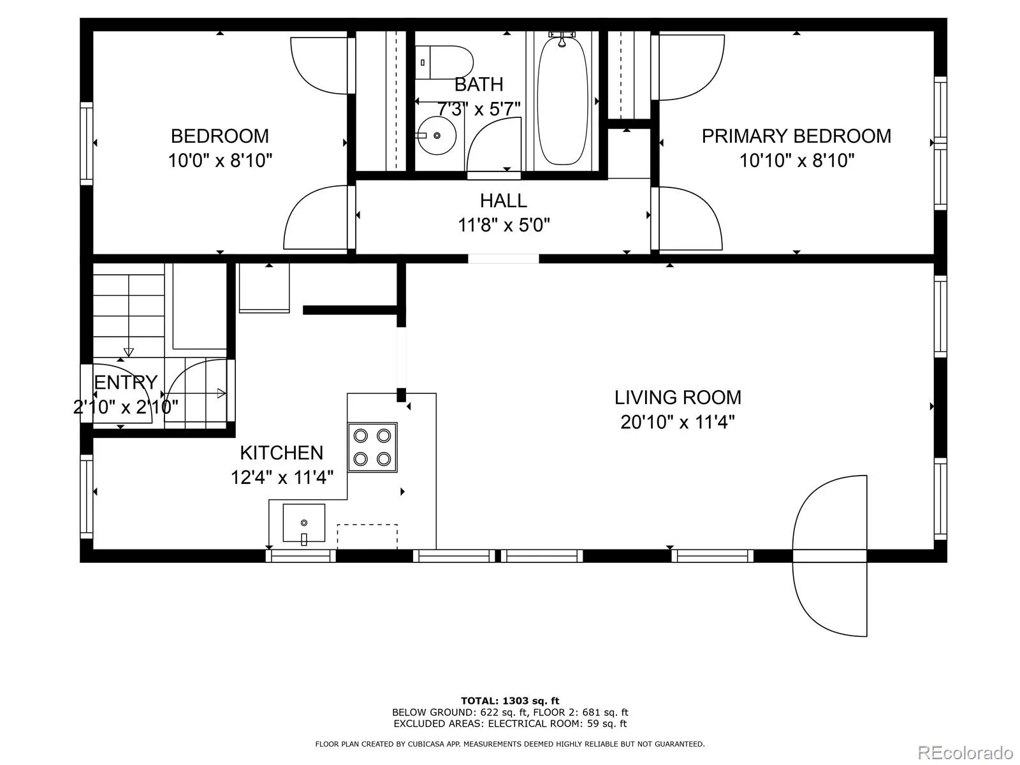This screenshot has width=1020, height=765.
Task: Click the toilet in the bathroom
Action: pyautogui.click(x=444, y=62)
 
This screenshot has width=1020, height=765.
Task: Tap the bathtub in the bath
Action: pyautogui.click(x=562, y=100)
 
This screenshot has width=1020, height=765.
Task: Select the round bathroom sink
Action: pyautogui.click(x=436, y=136)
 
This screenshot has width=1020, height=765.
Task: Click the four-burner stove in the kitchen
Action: pyautogui.click(x=372, y=448)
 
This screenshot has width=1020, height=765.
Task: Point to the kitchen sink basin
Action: pyautogui.click(x=304, y=523)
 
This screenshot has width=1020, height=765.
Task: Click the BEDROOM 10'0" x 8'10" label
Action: pyautogui.click(x=220, y=148)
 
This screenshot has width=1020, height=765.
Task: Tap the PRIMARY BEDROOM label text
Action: pyautogui.click(x=796, y=136)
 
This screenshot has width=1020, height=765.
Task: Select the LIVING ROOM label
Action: pyautogui.click(x=678, y=398)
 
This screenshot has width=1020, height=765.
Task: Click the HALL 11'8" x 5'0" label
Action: pyautogui.click(x=504, y=213)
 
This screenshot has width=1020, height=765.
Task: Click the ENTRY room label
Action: pyautogui.click(x=126, y=382)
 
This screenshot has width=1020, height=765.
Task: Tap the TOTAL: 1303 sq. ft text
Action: pyautogui.click(x=510, y=701)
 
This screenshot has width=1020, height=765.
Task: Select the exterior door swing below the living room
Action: pyautogui.click(x=829, y=556)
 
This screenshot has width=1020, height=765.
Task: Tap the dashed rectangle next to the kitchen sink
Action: pyautogui.click(x=367, y=537)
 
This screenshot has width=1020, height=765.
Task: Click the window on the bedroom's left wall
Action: pyautogui.click(x=87, y=143)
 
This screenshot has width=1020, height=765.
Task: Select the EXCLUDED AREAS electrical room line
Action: pyautogui.click(x=510, y=724)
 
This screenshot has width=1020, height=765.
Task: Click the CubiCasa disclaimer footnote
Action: pyautogui.click(x=510, y=744)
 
